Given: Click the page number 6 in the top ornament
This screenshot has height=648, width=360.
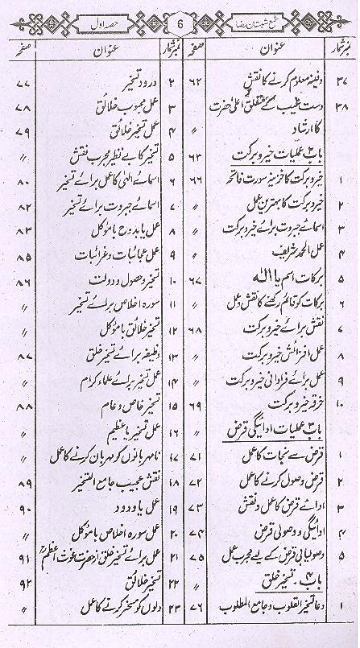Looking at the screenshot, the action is (x=180, y=23).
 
